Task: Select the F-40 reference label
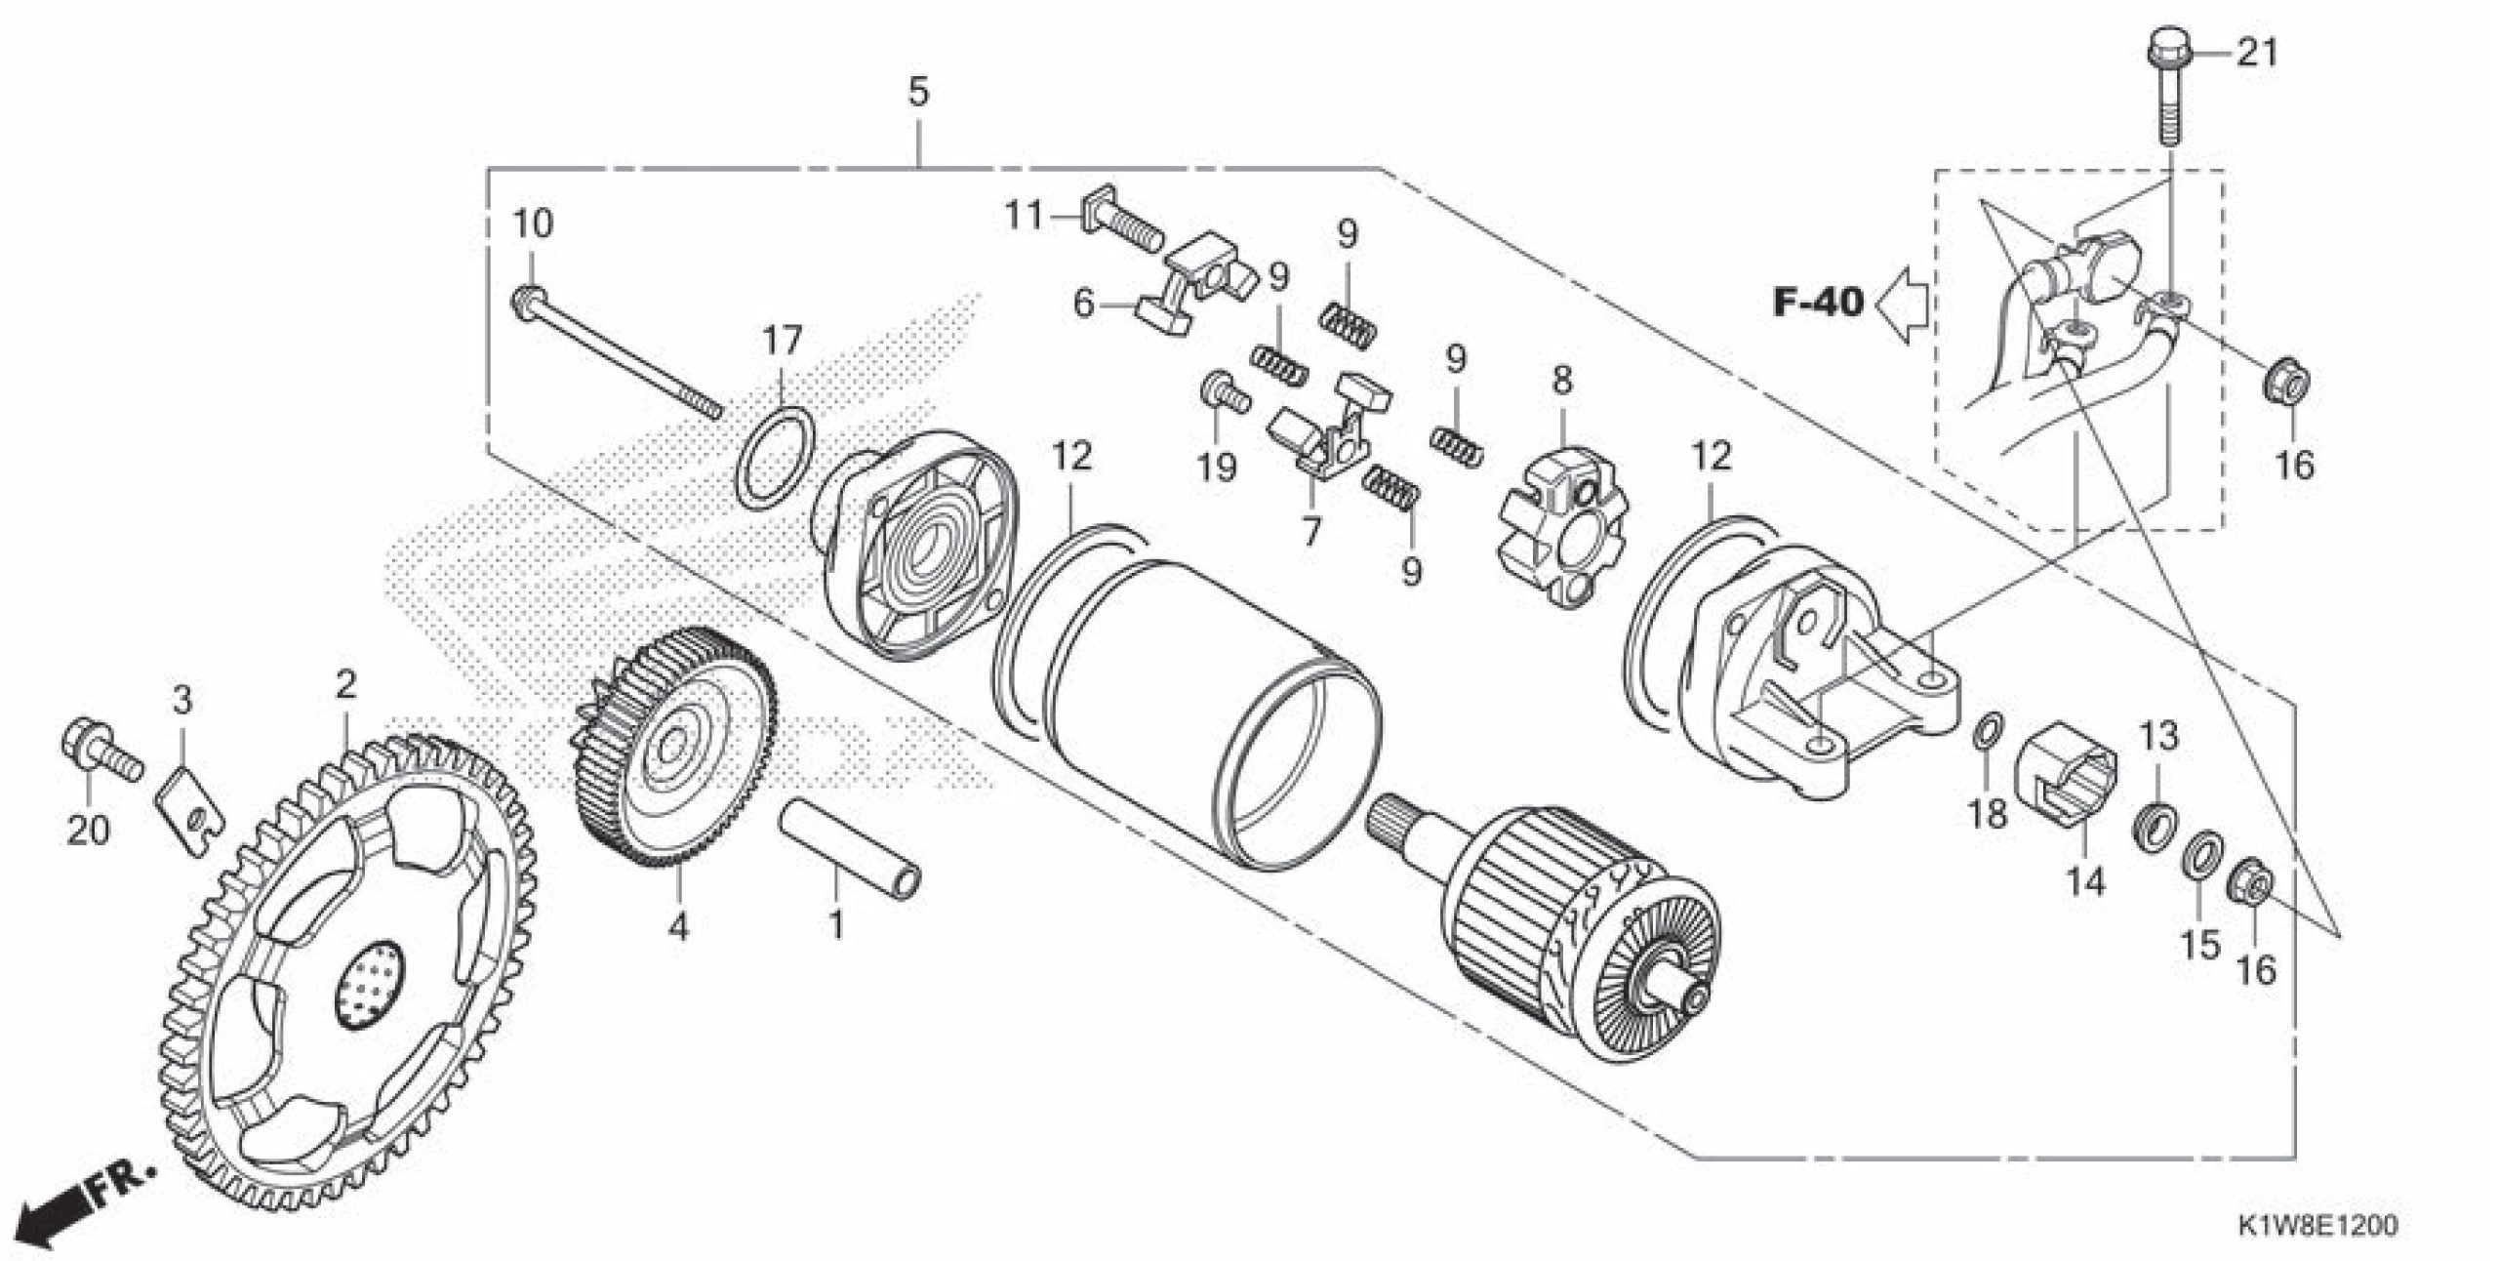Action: point(1818,303)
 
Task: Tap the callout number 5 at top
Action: point(918,94)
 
